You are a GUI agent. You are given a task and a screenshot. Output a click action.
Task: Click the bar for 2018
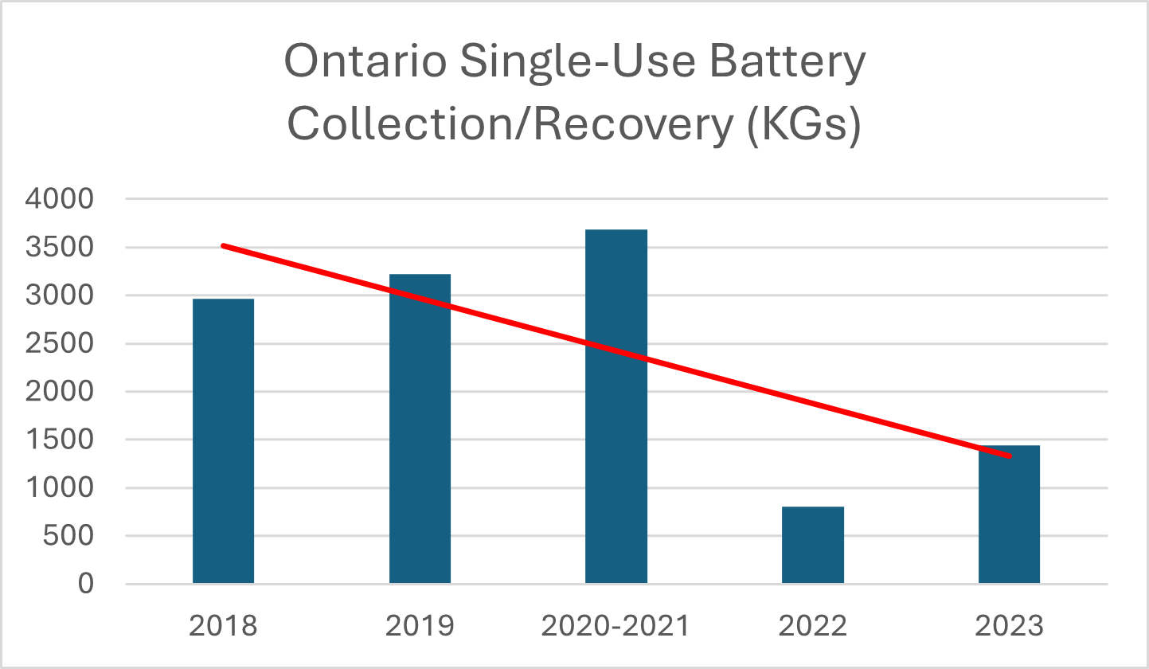tap(223, 441)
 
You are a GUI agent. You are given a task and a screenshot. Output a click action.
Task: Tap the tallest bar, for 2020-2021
tap(616, 406)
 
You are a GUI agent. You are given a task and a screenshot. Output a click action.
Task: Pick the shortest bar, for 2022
tap(812, 545)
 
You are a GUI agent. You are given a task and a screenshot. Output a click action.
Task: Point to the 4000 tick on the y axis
tap(60, 199)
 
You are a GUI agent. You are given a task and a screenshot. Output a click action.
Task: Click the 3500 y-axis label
tap(60, 248)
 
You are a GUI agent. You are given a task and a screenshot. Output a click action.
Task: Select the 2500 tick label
tap(60, 344)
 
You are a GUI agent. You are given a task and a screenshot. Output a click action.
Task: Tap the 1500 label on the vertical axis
tap(60, 440)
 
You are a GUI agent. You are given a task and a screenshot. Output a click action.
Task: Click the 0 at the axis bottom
tap(86, 585)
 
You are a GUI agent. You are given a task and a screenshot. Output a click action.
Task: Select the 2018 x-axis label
tap(223, 626)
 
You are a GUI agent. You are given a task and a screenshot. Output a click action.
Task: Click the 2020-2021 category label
tap(616, 626)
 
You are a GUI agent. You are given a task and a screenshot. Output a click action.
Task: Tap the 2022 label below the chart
tap(812, 626)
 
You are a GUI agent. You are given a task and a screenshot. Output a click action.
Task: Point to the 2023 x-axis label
tap(1009, 626)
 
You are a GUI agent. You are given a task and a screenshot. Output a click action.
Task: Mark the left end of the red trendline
tap(223, 245)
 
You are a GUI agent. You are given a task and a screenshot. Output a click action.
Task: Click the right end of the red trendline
tap(1010, 456)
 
